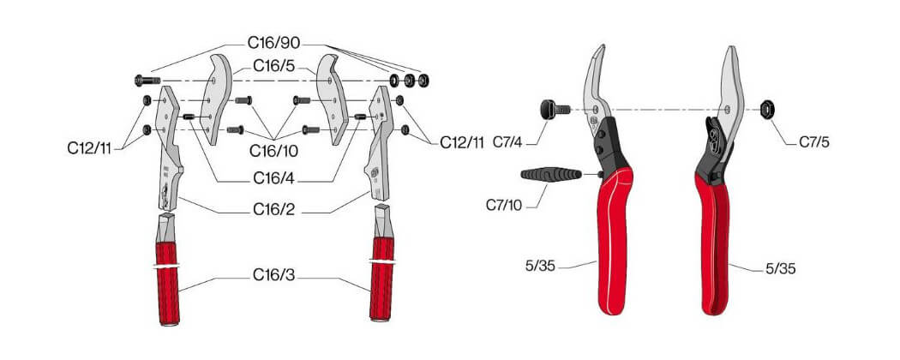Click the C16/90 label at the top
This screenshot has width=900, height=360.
pos(273,43)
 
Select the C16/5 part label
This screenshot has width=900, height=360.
pos(273,67)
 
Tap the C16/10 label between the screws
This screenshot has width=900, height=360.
pos(273,151)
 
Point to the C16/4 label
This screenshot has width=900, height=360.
pos(273,179)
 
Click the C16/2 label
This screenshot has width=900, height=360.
pos(273,210)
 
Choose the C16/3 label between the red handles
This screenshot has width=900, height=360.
pos(273,275)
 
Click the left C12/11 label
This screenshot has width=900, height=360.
pos(89,148)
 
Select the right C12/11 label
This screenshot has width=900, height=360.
pos(463,143)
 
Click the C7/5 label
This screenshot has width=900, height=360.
pos(814,141)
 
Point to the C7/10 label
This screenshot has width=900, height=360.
pos(504,204)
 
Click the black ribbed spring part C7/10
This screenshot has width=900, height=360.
pos(551,174)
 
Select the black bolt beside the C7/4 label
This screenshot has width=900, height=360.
pos(554,109)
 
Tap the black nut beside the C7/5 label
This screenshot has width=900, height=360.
pos(766,108)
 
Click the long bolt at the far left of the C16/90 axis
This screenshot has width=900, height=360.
pos(147,81)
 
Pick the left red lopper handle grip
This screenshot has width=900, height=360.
pos(168,284)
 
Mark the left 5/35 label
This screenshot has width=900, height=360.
pos(541,267)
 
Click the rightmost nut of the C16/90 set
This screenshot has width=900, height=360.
pos(424,80)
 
